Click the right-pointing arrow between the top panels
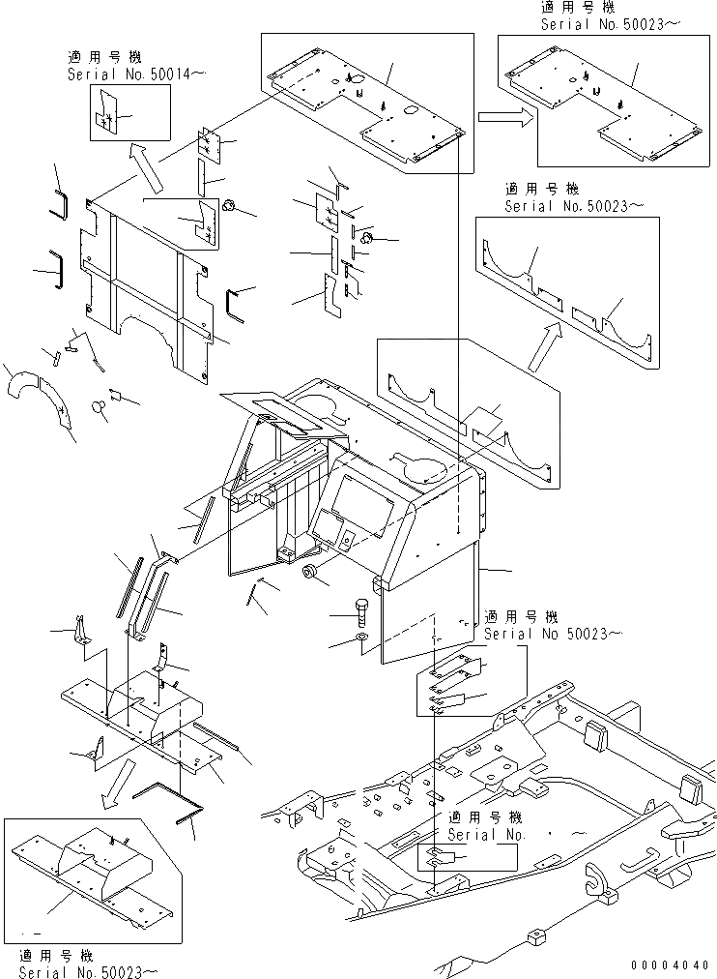[x=502, y=117]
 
